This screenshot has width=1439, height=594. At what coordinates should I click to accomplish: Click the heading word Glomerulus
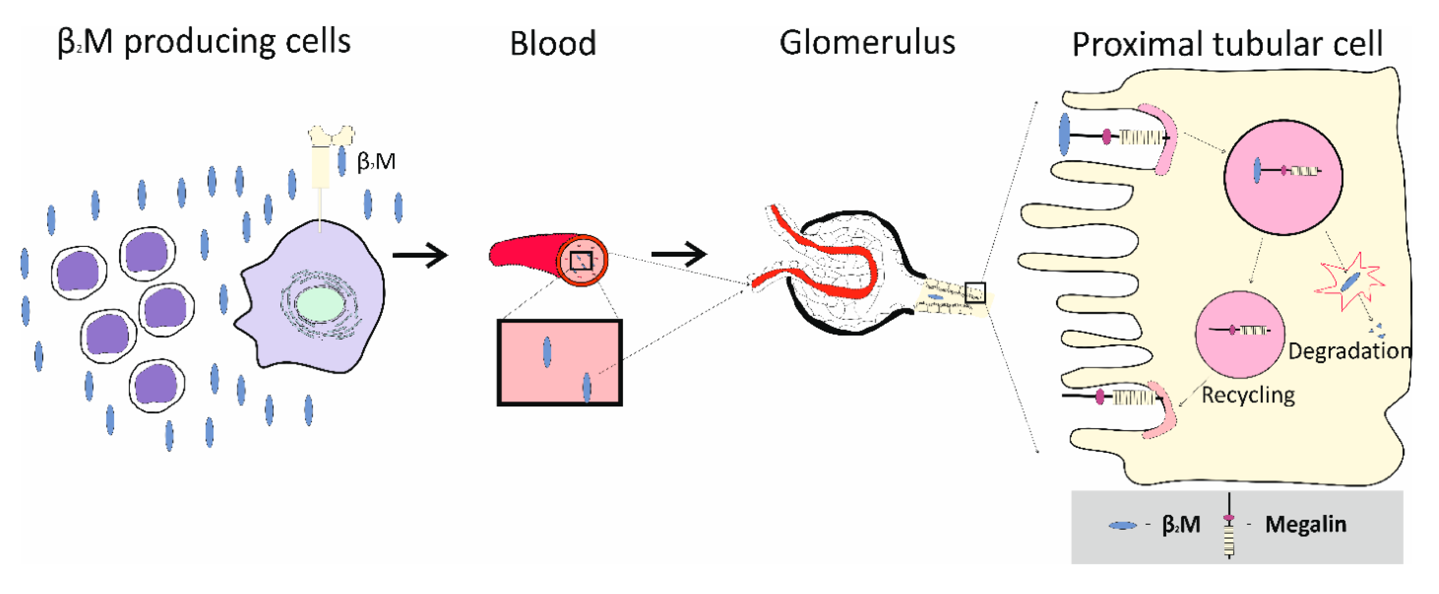tap(866, 42)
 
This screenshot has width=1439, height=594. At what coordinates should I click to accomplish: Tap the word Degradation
tap(1349, 351)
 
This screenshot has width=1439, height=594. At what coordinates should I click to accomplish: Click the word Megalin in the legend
tap(1305, 524)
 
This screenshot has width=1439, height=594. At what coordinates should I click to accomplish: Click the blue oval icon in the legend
tap(1122, 525)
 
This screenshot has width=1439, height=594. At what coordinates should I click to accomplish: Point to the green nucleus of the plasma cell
tap(320, 304)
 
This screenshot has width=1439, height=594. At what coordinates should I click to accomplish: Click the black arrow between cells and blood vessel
tap(420, 255)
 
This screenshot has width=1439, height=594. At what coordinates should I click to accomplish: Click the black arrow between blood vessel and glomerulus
tap(679, 254)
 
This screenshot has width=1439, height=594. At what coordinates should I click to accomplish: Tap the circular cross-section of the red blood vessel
tap(582, 261)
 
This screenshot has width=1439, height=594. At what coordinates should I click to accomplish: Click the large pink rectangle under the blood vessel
tap(559, 362)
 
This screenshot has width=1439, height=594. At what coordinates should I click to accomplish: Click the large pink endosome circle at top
tap(1283, 177)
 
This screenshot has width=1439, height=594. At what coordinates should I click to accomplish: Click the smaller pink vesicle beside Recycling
tap(1239, 335)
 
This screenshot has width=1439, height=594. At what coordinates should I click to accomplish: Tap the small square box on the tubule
tap(975, 292)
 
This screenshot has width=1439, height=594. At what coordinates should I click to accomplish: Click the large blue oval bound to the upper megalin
tap(1064, 134)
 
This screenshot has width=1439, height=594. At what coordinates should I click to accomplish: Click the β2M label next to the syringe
tap(376, 162)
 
